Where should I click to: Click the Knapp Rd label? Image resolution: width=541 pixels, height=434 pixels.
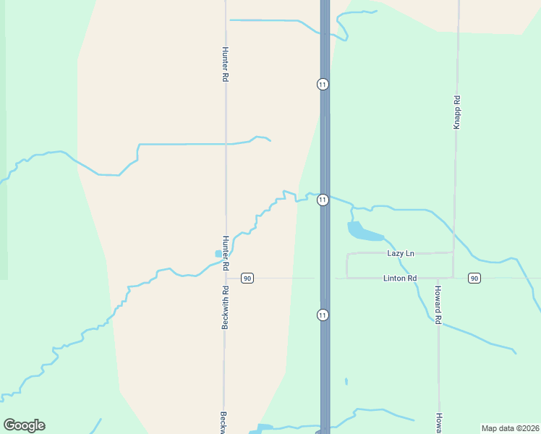point(457,113)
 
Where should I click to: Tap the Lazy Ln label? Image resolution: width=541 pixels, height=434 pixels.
point(401,253)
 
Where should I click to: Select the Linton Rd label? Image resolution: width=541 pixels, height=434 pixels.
point(401,278)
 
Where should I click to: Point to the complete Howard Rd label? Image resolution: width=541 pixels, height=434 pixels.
point(438,305)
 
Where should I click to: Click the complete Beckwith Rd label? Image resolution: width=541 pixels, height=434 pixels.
point(225,308)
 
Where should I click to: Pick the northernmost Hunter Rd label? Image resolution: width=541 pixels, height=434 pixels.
point(225,64)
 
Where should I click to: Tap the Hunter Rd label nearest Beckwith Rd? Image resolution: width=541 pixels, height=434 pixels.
point(225,248)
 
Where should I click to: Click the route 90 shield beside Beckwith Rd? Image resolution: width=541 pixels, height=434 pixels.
point(247,278)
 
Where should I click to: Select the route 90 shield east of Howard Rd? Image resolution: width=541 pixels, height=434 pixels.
point(474,278)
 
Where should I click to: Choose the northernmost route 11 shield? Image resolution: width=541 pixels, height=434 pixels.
point(323,84)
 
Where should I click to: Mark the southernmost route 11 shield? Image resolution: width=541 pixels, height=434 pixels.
point(323,315)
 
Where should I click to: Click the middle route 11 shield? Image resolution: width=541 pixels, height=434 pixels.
point(323,200)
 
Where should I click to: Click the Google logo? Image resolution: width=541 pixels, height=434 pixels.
point(24,425)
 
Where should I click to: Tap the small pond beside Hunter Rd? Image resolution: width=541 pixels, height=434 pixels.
point(218,254)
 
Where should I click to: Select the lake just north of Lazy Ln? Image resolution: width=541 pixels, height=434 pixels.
point(365,232)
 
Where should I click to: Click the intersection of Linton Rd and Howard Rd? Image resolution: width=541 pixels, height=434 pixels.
point(438,278)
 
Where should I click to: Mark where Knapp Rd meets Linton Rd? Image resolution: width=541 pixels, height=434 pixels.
point(453,278)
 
